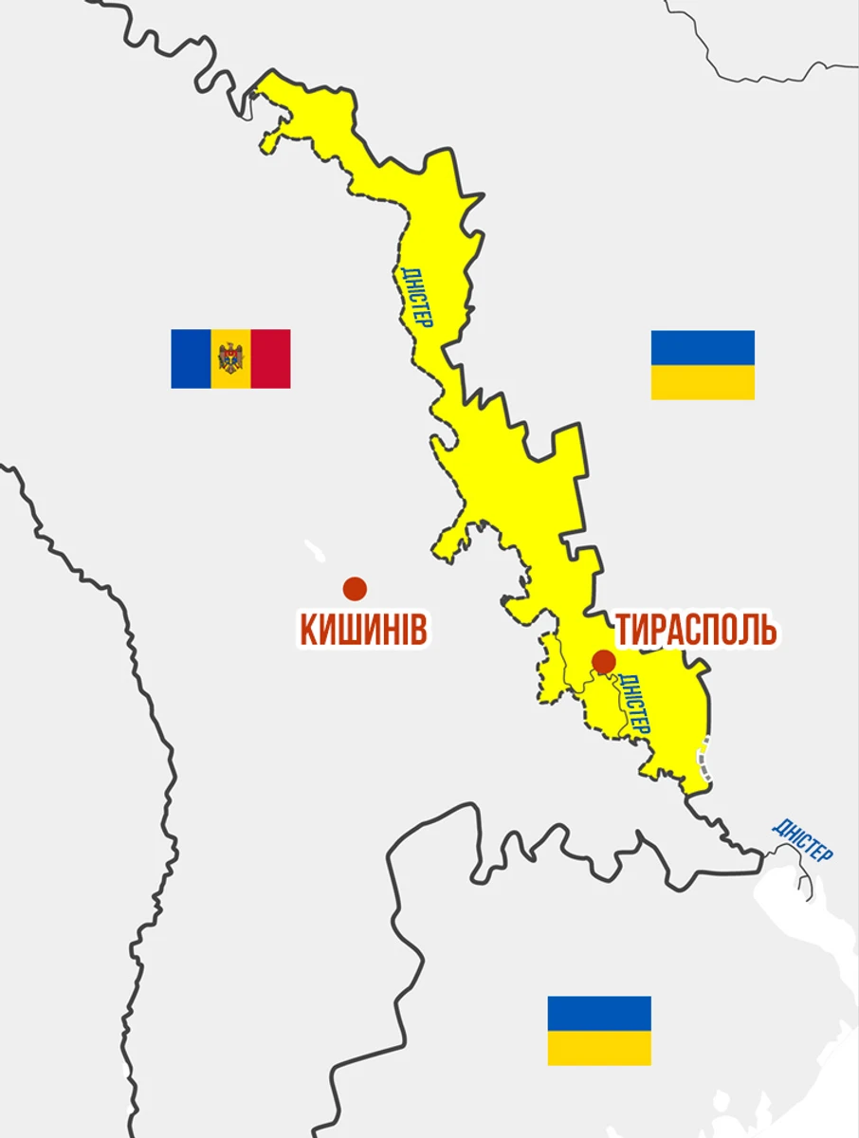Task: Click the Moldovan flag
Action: click(230, 358)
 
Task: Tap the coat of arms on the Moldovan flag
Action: click(230, 358)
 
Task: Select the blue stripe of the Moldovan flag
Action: click(191, 358)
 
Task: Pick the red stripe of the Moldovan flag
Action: click(270, 358)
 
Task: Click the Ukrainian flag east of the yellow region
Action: click(703, 365)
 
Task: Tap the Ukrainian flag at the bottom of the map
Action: click(599, 1030)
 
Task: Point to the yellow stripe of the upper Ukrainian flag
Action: click(703, 382)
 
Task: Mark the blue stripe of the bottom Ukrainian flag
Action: click(599, 1013)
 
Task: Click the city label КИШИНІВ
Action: click(363, 629)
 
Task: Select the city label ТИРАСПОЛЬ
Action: click(697, 629)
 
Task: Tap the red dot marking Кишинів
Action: click(355, 589)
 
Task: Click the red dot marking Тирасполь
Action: click(603, 661)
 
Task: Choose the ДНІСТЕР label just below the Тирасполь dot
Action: click(633, 704)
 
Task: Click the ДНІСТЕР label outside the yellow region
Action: click(802, 839)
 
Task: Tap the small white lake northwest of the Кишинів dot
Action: click(313, 550)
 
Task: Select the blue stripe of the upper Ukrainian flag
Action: click(703, 347)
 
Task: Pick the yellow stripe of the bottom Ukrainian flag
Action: click(599, 1048)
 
